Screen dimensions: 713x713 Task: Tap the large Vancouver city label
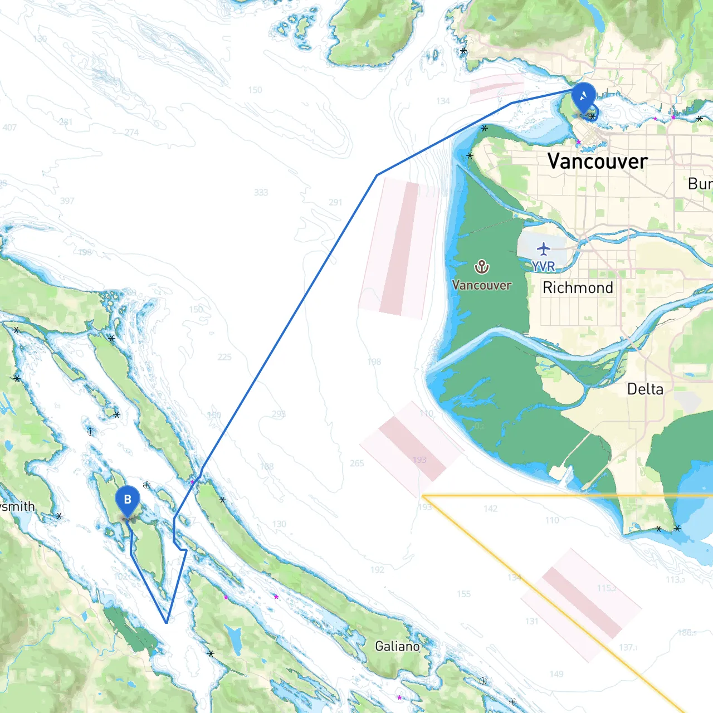[597, 162]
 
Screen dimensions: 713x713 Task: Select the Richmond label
[578, 287]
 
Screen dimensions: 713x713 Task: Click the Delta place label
[645, 389]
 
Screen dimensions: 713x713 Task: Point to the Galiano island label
[397, 646]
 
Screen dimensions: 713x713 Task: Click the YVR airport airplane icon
[544, 248]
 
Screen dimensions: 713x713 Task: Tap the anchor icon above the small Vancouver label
[482, 267]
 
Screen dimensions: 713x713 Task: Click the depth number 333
[261, 193]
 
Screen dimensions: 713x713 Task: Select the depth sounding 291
[335, 202]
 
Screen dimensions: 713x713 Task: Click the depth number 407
[9, 128]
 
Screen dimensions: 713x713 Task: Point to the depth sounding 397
[67, 201]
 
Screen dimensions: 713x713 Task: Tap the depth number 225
[224, 357]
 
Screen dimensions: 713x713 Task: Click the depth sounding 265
[357, 463]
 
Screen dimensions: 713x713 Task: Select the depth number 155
[463, 594]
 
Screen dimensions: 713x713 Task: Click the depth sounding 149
[556, 674]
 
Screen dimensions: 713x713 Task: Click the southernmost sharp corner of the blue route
[167, 623]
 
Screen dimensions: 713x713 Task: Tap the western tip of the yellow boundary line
[423, 495]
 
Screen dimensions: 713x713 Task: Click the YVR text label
[543, 267]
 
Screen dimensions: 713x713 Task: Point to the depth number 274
[131, 133]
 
